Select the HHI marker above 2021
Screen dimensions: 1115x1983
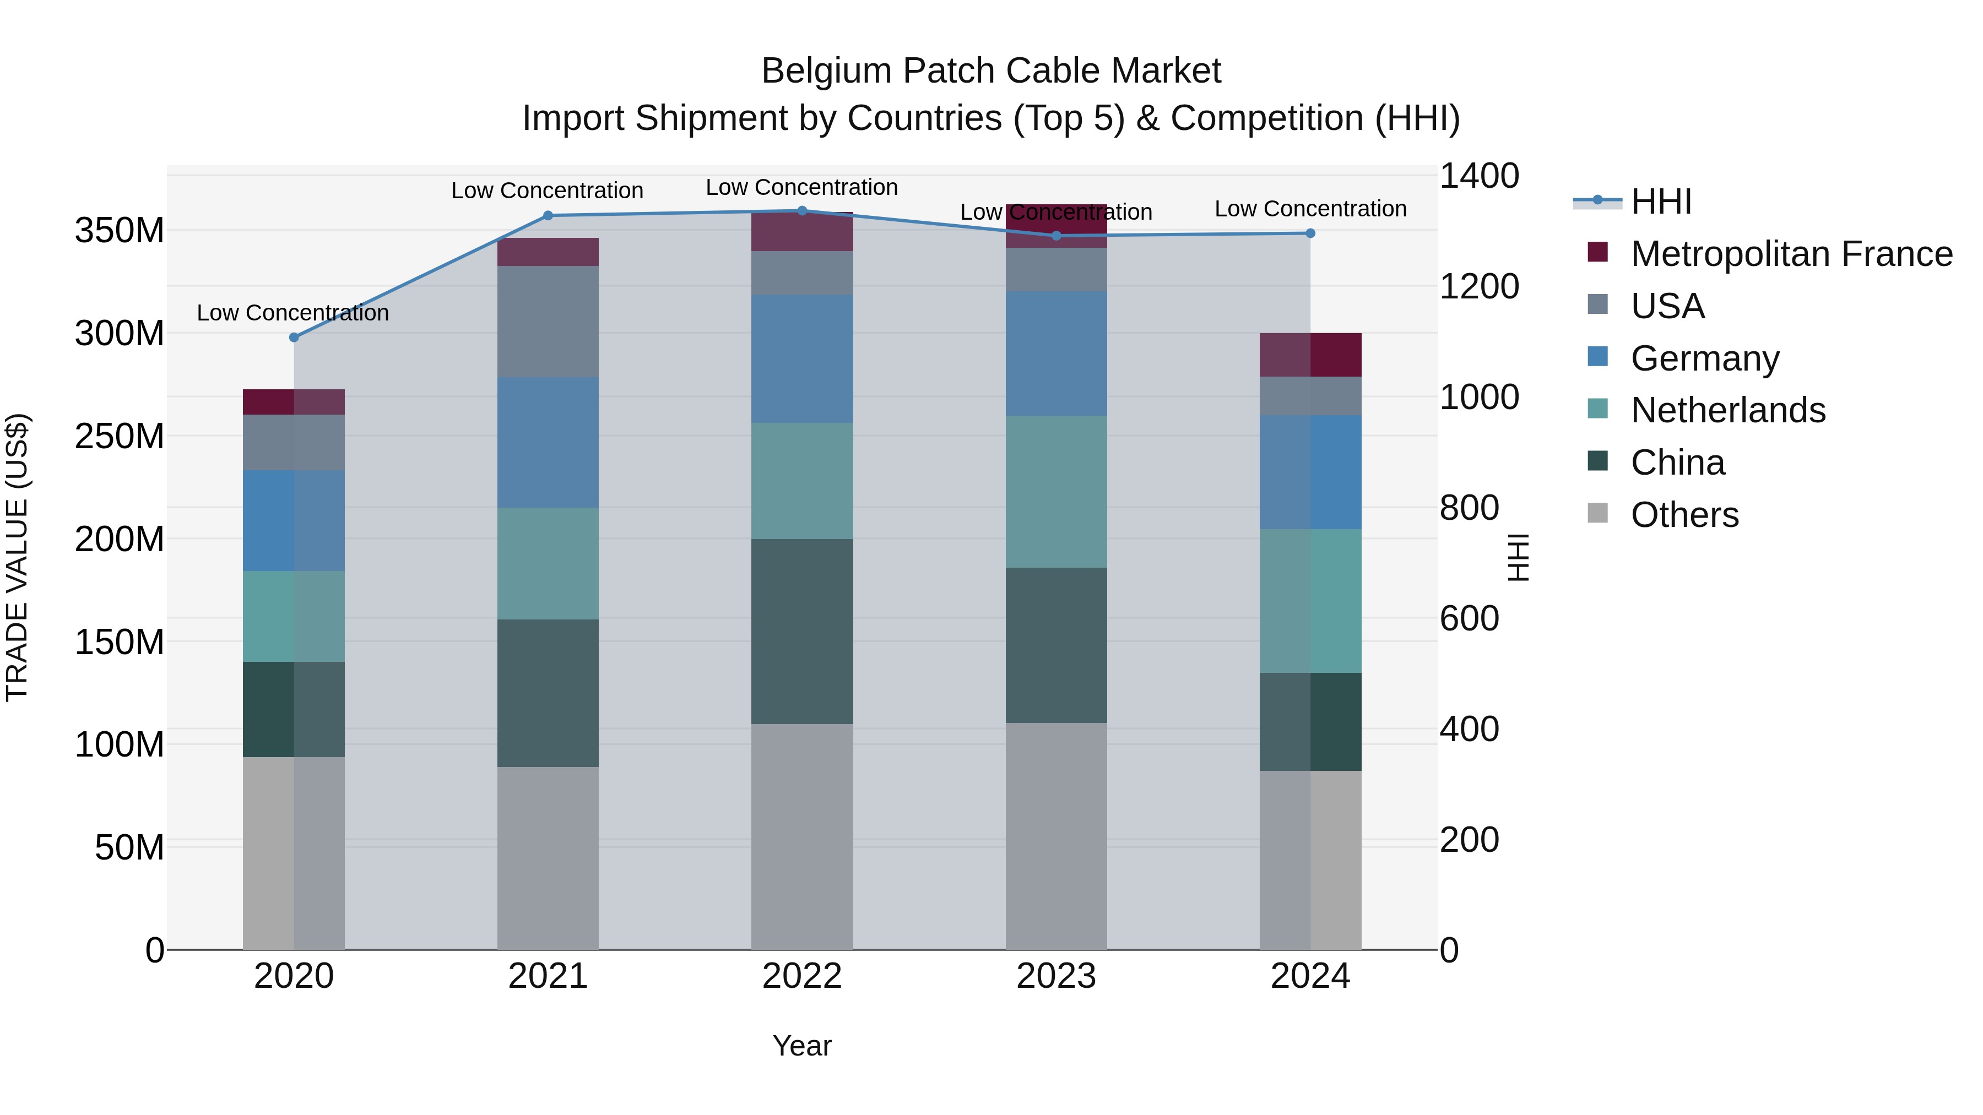coord(548,215)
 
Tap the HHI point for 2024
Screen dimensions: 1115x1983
coord(1310,233)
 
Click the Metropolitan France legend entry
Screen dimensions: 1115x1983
coord(1791,254)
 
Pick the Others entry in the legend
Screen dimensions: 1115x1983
coord(1684,515)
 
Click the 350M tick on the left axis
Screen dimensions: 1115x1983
coord(120,231)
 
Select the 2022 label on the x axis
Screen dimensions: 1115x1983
coord(802,976)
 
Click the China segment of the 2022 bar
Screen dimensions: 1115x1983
coord(802,631)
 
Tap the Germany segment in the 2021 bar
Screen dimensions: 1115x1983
coord(548,443)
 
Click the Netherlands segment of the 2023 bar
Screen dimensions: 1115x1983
coord(1056,492)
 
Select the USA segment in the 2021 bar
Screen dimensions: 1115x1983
coord(548,322)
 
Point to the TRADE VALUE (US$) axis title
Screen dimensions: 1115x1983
coord(17,557)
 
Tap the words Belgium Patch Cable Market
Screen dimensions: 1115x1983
coord(991,71)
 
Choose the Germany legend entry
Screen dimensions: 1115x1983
coord(1704,358)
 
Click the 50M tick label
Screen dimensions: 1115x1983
coord(129,848)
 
